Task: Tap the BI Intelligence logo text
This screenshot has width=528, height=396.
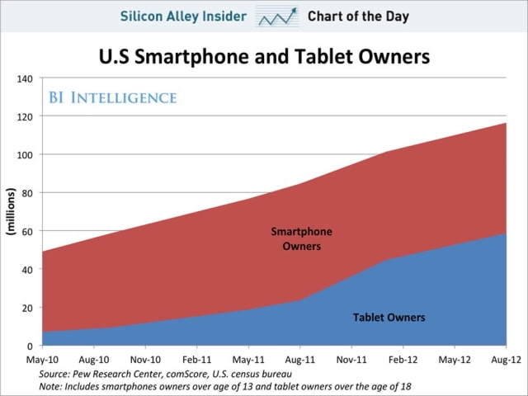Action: click(111, 98)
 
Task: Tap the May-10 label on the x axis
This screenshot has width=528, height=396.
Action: click(41, 361)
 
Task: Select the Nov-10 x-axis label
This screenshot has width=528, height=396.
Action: click(144, 361)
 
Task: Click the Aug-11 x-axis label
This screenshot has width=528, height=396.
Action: click(299, 361)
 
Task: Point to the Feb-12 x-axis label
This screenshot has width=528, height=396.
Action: click(403, 361)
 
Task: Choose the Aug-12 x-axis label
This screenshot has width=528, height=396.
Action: click(505, 361)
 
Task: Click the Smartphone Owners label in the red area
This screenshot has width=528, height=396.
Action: click(301, 239)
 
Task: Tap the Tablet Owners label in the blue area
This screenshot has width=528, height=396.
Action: click(389, 317)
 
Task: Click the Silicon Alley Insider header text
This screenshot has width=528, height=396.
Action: click(184, 16)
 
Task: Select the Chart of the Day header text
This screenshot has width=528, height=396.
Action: click(358, 16)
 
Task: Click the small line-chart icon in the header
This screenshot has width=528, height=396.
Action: click(276, 16)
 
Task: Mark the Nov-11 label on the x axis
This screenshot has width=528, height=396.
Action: click(351, 361)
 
